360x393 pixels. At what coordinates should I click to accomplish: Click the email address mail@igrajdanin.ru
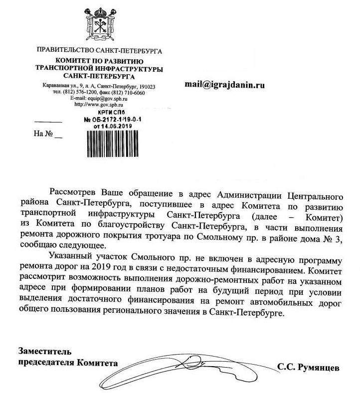[224, 85]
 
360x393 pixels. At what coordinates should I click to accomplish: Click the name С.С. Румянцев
[308, 368]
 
